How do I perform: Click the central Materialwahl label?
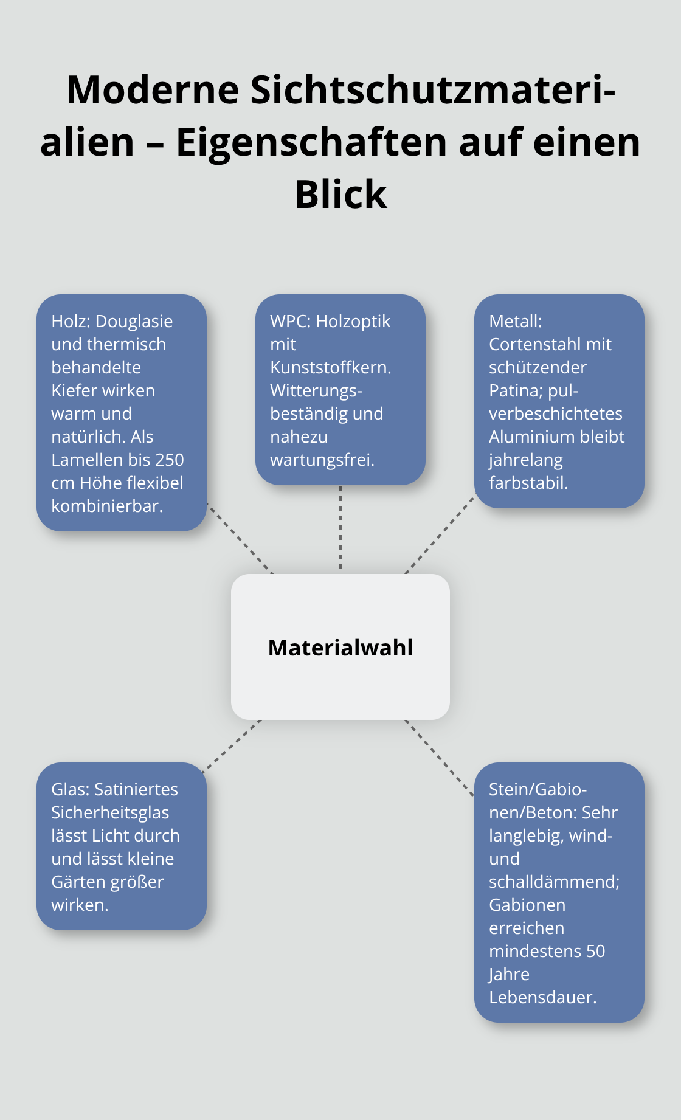click(x=340, y=648)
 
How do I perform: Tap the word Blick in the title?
click(x=340, y=195)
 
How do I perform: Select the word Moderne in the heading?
click(x=153, y=89)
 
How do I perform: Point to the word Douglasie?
click(x=134, y=321)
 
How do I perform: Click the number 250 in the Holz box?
click(x=169, y=460)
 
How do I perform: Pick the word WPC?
click(x=288, y=321)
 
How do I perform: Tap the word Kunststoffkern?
click(x=330, y=367)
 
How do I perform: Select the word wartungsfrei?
click(x=322, y=460)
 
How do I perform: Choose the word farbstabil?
click(x=528, y=483)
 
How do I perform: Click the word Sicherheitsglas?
click(x=110, y=812)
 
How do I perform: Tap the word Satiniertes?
click(x=136, y=789)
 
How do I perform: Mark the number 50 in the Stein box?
click(x=595, y=951)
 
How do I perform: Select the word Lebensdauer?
click(x=542, y=997)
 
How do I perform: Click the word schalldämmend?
click(x=554, y=882)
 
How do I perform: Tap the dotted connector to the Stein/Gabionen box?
click(x=439, y=757)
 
